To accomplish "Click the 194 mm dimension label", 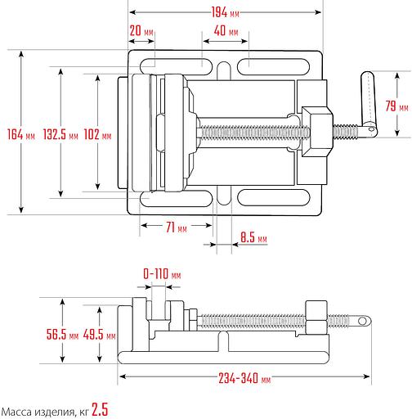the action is [226, 12].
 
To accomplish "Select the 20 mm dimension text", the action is [141, 31].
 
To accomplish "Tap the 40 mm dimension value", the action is [226, 31].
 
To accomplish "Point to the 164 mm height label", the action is [21, 134].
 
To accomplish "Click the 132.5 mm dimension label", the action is [60, 134].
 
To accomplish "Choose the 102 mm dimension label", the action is [97, 134].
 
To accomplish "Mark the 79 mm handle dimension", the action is [396, 106].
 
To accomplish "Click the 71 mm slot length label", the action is [177, 227].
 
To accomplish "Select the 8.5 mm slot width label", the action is [253, 237].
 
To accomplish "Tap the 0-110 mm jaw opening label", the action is [162, 273].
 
